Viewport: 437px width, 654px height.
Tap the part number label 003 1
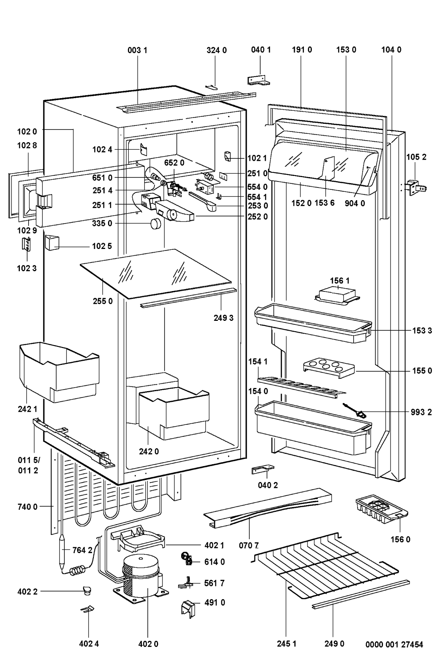[x=137, y=50]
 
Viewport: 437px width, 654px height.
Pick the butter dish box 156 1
[x=337, y=296]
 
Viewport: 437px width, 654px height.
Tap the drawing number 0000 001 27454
[x=394, y=644]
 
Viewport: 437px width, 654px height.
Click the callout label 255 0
[x=103, y=301]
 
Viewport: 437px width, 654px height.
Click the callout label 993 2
[x=421, y=413]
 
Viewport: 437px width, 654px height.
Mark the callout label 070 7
[x=249, y=545]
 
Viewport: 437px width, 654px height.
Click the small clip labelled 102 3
[x=27, y=244]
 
